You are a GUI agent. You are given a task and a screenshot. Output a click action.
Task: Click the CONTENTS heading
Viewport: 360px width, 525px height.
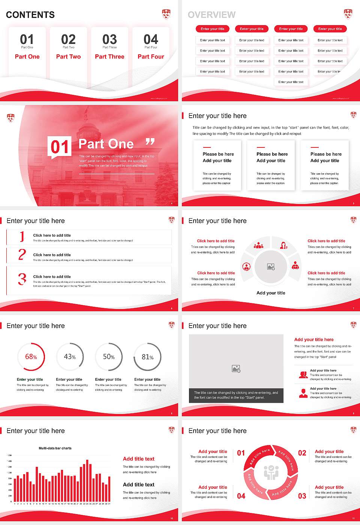pos(30,15)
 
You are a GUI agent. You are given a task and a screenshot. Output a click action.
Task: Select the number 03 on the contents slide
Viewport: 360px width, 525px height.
pos(109,39)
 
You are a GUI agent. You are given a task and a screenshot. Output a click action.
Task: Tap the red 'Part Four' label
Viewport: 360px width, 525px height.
pos(151,57)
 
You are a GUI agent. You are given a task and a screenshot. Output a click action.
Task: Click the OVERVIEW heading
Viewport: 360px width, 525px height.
pos(211,15)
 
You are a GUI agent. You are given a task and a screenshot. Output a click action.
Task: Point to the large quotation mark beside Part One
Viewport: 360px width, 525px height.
pos(150,142)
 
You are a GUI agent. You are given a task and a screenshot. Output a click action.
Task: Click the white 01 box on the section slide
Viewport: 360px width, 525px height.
pos(60,147)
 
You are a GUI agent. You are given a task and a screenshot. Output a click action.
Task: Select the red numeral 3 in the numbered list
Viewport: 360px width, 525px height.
pos(22,279)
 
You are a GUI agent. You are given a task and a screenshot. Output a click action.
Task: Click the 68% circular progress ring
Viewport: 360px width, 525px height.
pos(31,357)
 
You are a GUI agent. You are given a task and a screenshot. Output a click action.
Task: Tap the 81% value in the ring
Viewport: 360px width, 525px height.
pos(147,357)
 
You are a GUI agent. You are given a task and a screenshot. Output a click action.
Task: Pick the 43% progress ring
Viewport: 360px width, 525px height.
pos(70,357)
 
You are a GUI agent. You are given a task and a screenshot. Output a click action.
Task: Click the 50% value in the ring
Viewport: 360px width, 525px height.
pos(109,357)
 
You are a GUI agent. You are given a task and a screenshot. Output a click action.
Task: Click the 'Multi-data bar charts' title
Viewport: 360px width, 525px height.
pos(55,448)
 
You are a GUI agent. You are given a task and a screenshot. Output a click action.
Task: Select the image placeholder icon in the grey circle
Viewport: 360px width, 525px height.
pos(271,267)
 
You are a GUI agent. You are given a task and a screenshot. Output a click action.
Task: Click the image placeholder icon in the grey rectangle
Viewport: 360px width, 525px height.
pos(236,369)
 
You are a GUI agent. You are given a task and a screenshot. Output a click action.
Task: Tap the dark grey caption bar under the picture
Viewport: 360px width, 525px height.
pos(236,395)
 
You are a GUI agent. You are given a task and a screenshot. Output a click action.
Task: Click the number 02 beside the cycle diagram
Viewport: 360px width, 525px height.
pos(302,453)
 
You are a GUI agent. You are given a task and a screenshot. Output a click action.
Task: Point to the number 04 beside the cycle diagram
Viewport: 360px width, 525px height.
pos(241,496)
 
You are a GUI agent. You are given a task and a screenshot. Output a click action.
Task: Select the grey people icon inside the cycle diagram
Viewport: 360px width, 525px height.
pos(271,473)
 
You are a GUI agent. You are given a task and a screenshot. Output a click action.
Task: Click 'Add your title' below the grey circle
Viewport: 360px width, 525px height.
pos(271,293)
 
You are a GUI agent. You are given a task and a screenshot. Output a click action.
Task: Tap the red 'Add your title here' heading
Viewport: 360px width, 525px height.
pos(314,339)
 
